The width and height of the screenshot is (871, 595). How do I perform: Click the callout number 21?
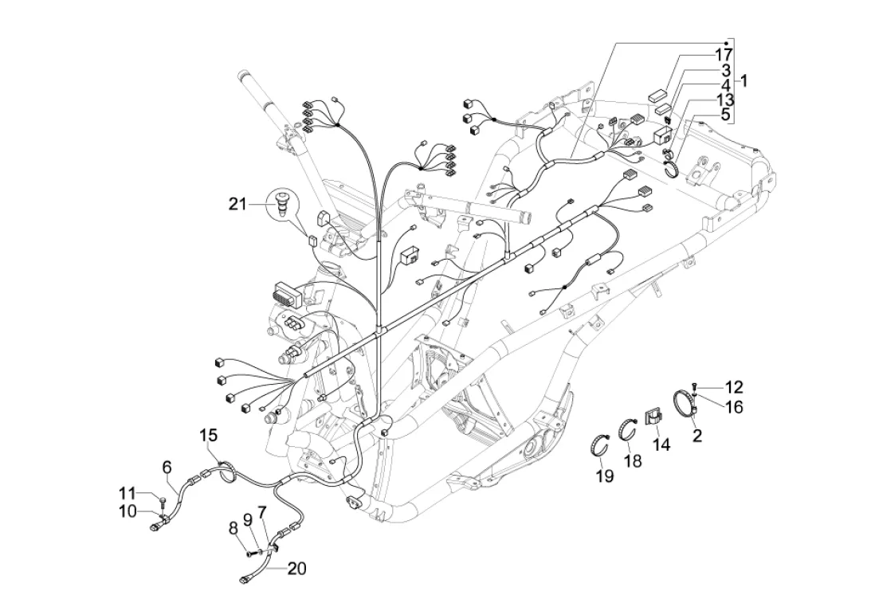click(238, 205)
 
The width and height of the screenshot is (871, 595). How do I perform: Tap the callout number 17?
click(724, 55)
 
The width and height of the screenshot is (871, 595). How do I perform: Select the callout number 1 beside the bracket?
click(743, 80)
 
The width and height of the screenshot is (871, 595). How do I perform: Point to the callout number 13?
click(724, 99)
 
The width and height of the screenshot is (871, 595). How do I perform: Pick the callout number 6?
click(167, 466)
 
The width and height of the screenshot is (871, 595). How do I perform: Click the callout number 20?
click(296, 569)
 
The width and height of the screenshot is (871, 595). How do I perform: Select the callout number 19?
click(604, 476)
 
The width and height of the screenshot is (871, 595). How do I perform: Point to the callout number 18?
click(632, 462)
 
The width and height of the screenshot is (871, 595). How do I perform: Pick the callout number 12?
click(733, 387)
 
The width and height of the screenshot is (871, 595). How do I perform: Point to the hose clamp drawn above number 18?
click(630, 428)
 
